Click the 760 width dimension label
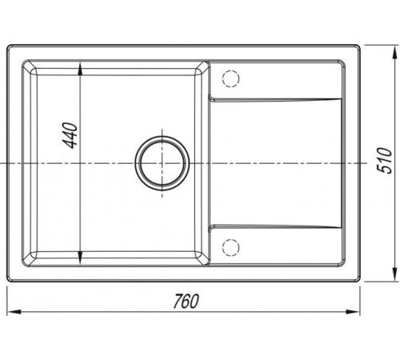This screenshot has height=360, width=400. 186,301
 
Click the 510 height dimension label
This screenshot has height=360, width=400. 384,160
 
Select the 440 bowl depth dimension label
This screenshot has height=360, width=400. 70,135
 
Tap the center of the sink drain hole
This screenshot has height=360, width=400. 162,163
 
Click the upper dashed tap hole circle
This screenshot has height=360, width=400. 230,78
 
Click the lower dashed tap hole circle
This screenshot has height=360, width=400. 230,247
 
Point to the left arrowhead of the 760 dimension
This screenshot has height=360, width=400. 14,311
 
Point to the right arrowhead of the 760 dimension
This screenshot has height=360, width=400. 353,311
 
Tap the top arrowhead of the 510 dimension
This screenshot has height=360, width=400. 394,53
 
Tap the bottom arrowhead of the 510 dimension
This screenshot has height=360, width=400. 394,274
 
